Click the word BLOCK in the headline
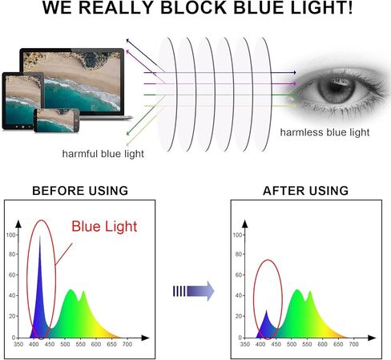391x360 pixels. pyautogui.click(x=194, y=8)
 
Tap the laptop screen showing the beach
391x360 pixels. pyautogui.click(x=71, y=81)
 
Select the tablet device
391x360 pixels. pyautogui.click(x=23, y=101)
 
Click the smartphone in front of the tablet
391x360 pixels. pyautogui.click(x=57, y=120)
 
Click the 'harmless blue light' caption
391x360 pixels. pyautogui.click(x=324, y=132)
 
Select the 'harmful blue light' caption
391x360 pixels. pyautogui.click(x=103, y=154)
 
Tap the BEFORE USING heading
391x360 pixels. pyautogui.click(x=80, y=191)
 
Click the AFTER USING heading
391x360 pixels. pyautogui.click(x=306, y=191)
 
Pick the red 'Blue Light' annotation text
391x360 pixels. pyautogui.click(x=104, y=226)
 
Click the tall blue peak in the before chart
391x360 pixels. pyautogui.click(x=40, y=294)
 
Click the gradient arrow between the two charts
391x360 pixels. pyautogui.click(x=194, y=291)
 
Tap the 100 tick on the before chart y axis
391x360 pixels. pyautogui.click(x=11, y=235)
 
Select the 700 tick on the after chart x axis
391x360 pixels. pyautogui.click(x=354, y=344)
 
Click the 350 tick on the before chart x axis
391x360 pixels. pyautogui.click(x=18, y=344)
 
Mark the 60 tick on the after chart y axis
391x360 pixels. pyautogui.click(x=239, y=275)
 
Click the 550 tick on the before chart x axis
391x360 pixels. pyautogui.click(x=80, y=344)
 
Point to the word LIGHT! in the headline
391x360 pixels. pyautogui.click(x=321, y=8)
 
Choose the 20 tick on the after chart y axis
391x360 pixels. pyautogui.click(x=239, y=316)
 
